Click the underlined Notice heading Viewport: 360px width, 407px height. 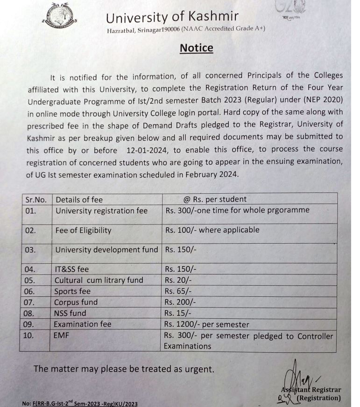[x=196, y=49]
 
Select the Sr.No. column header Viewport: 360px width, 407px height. [x=35, y=199]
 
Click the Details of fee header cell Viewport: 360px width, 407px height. [x=79, y=199]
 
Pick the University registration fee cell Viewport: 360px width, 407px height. [x=101, y=211]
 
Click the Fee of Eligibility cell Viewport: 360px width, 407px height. [x=83, y=230]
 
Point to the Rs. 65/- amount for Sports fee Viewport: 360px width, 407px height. [x=178, y=291]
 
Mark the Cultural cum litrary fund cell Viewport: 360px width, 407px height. [x=99, y=281]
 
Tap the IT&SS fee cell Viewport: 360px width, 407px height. [x=71, y=269]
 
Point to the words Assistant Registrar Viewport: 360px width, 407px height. [x=311, y=390]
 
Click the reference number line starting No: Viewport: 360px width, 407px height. [x=79, y=403]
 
